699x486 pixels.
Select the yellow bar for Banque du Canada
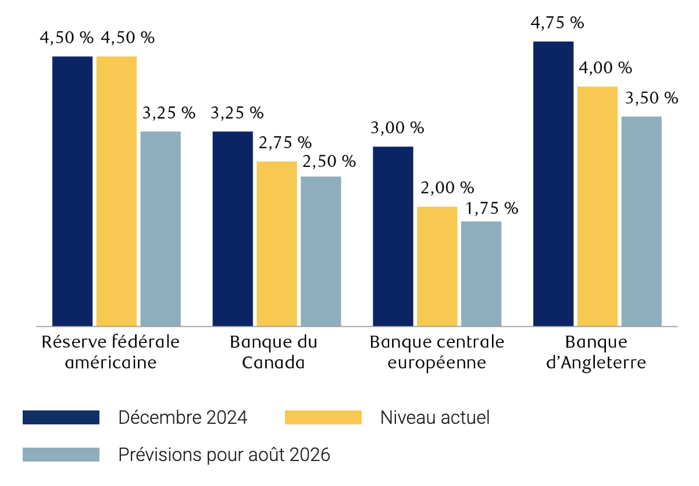tap(277, 244)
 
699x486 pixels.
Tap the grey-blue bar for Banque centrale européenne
tap(481, 273)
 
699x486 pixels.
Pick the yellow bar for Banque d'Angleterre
tap(597, 206)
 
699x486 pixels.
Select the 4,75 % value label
tap(558, 23)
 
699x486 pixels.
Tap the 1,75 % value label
tap(491, 209)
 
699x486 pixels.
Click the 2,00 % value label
tap(447, 188)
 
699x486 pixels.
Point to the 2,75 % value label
tap(285, 142)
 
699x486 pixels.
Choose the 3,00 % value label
tap(397, 128)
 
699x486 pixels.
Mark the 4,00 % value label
tap(605, 68)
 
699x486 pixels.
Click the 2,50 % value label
tap(329, 161)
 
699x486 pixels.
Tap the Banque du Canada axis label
tap(273, 352)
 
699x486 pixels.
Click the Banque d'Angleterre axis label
tap(597, 352)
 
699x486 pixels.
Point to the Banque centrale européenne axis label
tap(437, 352)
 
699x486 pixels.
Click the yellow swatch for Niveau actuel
tap(323, 417)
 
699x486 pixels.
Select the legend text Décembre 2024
tap(183, 417)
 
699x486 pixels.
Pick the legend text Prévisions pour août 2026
tap(224, 454)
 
